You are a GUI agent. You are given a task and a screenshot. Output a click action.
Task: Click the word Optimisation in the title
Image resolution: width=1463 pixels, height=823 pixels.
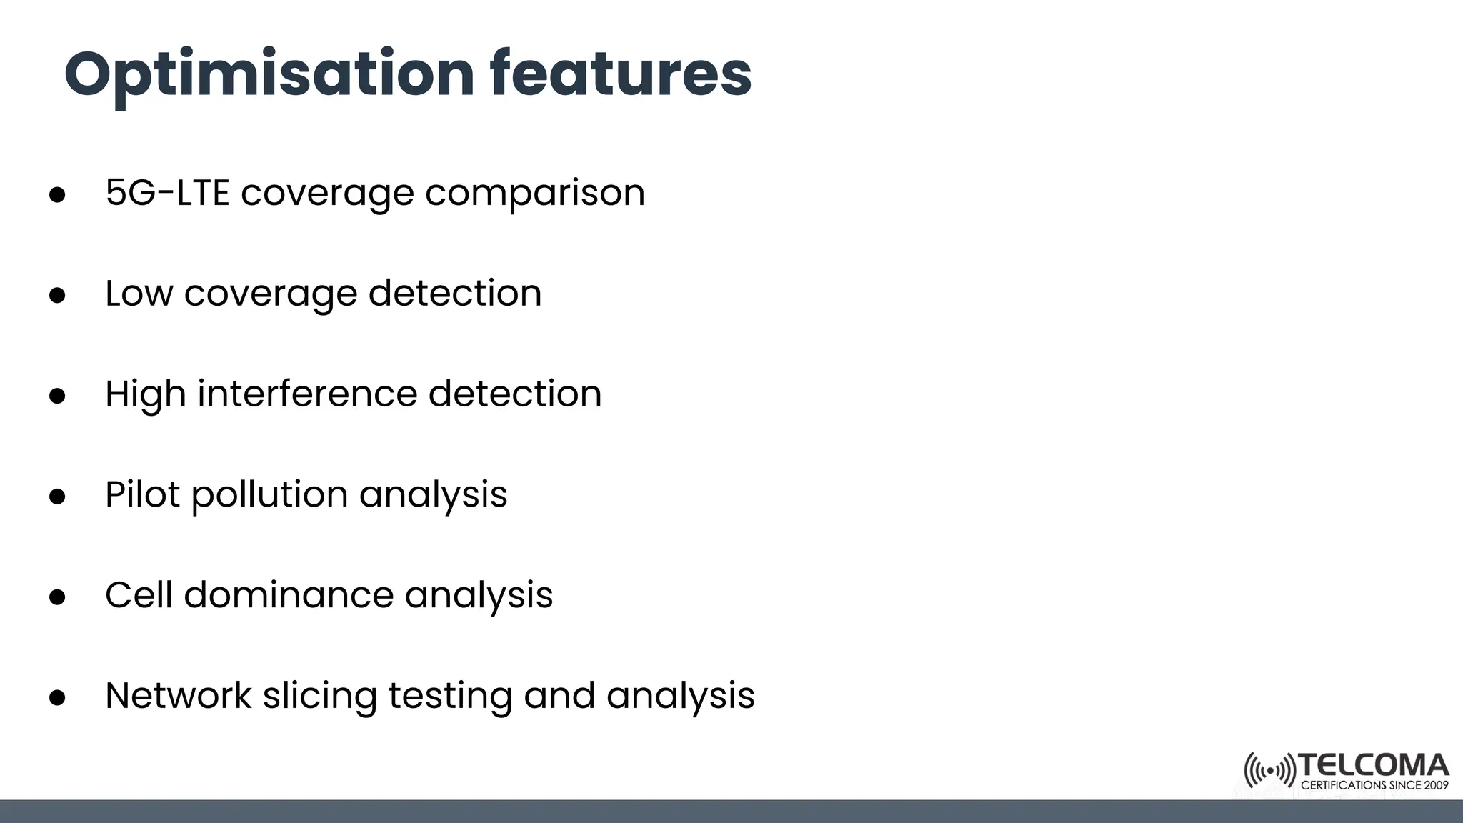(269, 74)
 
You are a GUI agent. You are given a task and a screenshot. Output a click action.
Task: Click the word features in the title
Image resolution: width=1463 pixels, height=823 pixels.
(620, 74)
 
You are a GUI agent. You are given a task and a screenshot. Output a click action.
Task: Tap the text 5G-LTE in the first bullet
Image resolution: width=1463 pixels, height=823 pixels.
(167, 192)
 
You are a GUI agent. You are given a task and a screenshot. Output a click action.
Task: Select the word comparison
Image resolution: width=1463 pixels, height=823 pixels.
(534, 194)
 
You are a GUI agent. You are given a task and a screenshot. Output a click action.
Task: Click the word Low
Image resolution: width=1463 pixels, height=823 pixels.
(139, 293)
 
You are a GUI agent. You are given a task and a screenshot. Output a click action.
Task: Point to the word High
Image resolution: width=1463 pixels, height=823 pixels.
(145, 395)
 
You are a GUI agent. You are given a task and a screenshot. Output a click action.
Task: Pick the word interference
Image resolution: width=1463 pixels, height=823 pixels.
(307, 394)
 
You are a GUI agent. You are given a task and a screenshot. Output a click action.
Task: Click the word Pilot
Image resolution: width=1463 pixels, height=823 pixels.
(142, 494)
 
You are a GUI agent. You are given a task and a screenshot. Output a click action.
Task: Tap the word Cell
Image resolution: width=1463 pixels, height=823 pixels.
(139, 595)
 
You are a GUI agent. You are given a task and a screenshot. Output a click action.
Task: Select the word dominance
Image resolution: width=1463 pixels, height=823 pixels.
(289, 595)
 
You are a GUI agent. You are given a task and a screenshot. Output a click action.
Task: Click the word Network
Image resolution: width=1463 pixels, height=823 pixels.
(178, 696)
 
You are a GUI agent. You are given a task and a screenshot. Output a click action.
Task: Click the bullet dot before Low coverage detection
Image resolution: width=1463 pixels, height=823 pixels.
(57, 296)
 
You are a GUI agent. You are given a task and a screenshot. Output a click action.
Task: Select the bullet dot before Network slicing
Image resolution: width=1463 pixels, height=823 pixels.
(57, 698)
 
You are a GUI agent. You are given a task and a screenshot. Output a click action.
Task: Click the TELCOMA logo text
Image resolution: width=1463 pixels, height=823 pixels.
(1373, 766)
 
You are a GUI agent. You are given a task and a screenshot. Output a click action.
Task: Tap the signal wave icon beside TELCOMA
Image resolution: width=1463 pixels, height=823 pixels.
(1269, 770)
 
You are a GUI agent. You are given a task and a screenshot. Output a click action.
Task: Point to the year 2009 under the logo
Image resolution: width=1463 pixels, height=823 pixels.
(1435, 786)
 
